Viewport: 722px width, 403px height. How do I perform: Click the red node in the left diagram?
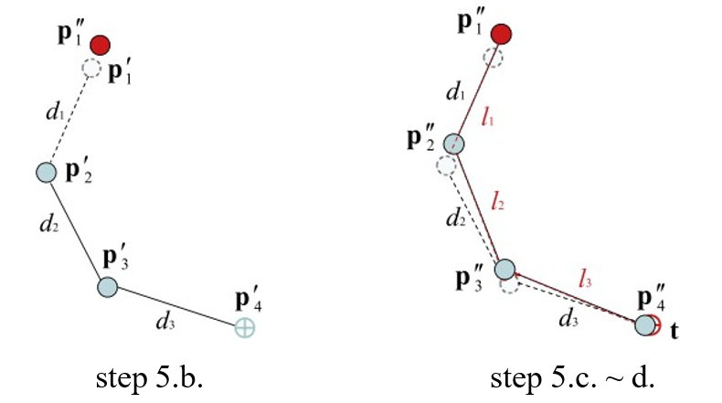(x=100, y=44)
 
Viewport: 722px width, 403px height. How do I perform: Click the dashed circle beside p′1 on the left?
(x=91, y=69)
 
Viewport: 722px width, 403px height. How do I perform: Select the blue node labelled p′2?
(x=46, y=172)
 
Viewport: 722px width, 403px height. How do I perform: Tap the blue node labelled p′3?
(x=108, y=287)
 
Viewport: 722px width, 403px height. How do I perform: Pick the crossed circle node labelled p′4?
(x=244, y=326)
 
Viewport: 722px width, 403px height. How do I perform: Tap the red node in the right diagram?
(x=500, y=35)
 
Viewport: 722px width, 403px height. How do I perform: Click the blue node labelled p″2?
(x=454, y=144)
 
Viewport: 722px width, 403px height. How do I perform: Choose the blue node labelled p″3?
(x=505, y=269)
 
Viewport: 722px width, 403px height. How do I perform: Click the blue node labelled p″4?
(x=646, y=324)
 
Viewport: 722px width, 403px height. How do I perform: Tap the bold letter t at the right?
(x=674, y=330)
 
